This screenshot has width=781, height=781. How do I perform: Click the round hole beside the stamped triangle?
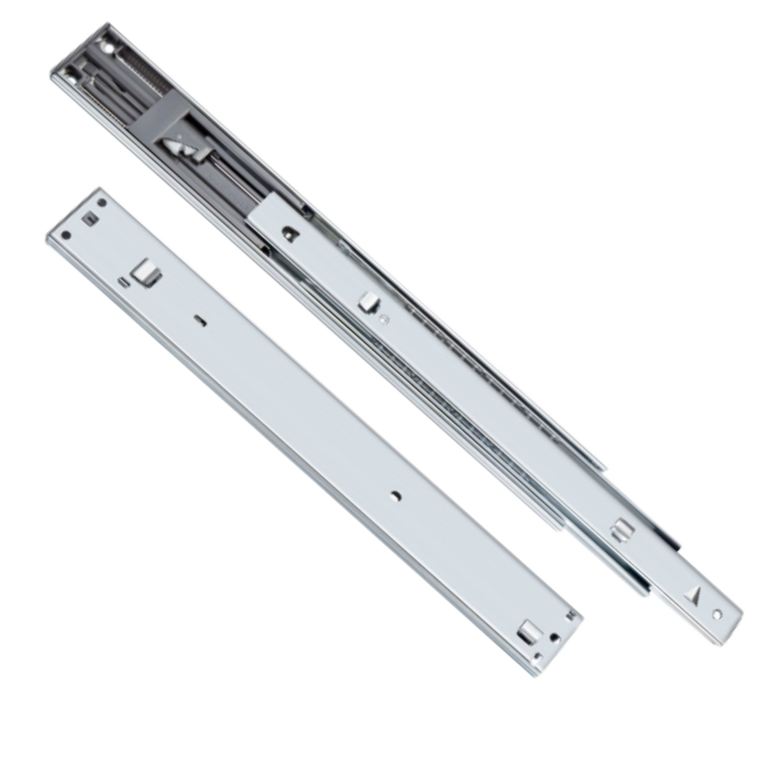tap(717, 615)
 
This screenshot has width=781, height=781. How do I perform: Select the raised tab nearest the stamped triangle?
tap(622, 530)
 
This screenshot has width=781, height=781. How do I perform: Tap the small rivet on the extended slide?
tap(384, 319)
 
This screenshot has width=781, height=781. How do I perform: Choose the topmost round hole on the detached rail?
tap(102, 203)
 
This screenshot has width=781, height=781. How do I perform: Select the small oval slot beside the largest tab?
tap(122, 282)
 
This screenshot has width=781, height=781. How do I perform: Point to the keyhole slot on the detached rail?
tap(200, 321)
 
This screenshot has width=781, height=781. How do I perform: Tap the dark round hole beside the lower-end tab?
tap(553, 638)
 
